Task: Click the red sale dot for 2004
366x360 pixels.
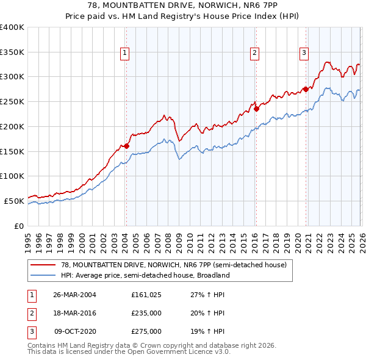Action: tap(126, 146)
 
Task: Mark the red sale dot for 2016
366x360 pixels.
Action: tap(256, 109)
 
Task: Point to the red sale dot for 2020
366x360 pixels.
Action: tap(305, 89)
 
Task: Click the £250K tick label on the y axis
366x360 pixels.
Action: tap(12, 101)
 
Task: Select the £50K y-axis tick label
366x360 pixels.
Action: tap(14, 201)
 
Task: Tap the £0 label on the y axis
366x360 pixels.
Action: tap(18, 226)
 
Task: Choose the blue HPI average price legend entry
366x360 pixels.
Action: tap(145, 275)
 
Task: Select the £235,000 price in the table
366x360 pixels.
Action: tap(146, 313)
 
